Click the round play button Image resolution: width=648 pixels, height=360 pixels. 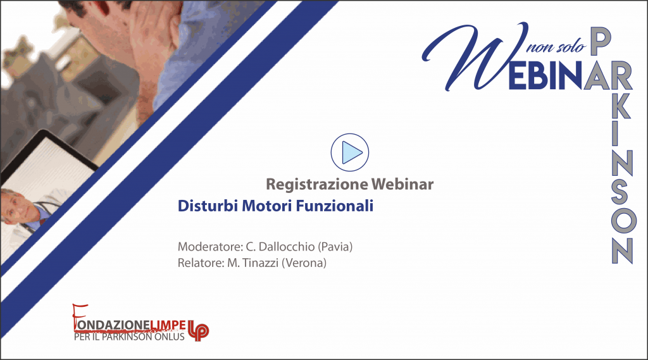coord(349,152)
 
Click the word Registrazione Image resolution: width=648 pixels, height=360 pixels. coord(317,184)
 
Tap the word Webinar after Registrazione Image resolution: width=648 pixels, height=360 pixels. coord(402,184)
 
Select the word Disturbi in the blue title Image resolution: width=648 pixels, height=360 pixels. coord(208,206)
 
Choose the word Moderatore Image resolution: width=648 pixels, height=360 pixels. coord(210,247)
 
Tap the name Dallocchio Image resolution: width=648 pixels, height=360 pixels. coord(287,247)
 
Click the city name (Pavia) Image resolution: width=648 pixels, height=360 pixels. coord(335,247)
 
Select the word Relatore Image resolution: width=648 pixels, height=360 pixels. coord(201,263)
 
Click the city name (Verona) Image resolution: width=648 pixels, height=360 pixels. coord(304,263)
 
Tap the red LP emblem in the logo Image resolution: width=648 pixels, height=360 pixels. coord(198,330)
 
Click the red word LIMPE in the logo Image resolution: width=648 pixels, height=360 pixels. coord(167,325)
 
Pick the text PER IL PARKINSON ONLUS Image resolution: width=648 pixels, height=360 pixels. coord(129,337)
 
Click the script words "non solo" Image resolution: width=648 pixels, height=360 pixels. coord(556,47)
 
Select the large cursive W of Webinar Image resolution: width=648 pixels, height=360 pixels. coord(475,56)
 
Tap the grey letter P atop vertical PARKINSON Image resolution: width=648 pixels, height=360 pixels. coord(601,42)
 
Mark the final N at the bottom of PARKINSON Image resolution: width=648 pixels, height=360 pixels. coord(622,250)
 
